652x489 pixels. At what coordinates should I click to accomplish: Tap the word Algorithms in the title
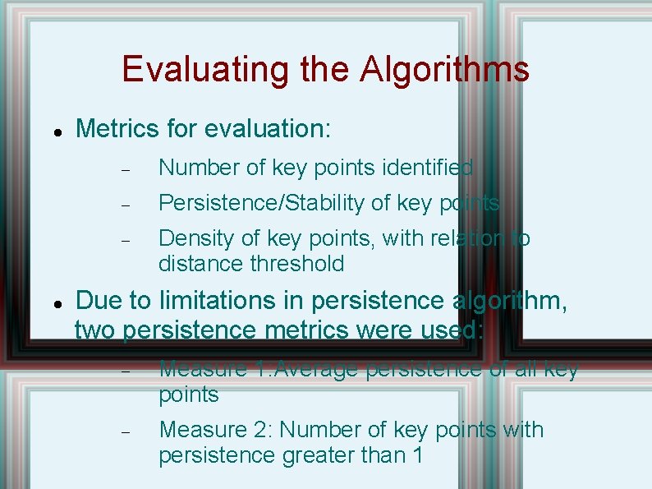(444, 69)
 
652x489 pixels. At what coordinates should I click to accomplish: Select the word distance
(197, 264)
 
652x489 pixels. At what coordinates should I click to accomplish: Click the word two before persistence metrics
(95, 330)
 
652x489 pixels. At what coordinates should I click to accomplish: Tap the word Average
(318, 369)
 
